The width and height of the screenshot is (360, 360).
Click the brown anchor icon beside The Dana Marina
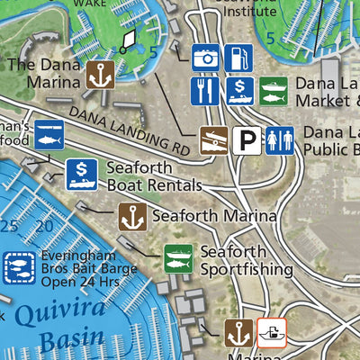point(101,74)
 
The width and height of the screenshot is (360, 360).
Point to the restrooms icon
point(279,139)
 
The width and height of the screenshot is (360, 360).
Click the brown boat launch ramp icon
point(213,139)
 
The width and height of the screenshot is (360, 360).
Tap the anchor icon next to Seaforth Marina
point(133,216)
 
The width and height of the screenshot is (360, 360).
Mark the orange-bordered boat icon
point(271,333)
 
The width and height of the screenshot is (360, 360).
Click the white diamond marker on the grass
point(129,39)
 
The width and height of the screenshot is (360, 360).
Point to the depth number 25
point(11,225)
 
